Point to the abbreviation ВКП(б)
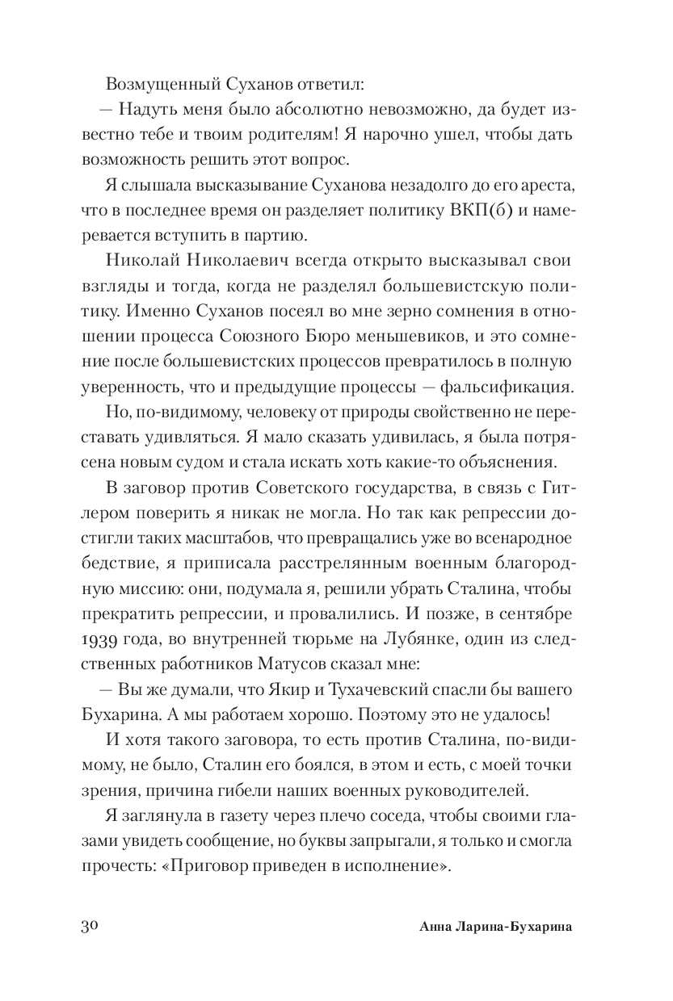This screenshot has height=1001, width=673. coord(482,212)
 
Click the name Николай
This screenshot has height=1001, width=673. coord(145,263)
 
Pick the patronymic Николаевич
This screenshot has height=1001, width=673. coord(254,263)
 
